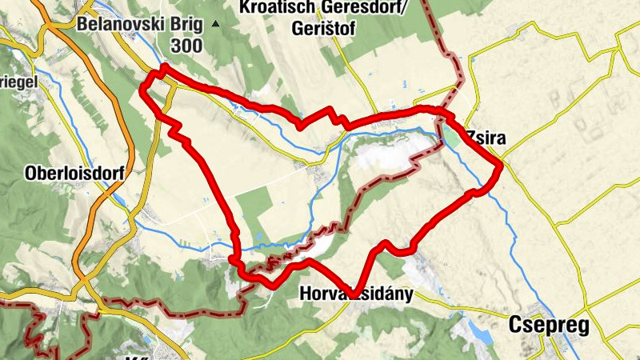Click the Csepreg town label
(x=549, y=326)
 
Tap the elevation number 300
(x=186, y=46)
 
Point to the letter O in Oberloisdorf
(x=31, y=173)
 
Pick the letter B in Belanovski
(x=82, y=24)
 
